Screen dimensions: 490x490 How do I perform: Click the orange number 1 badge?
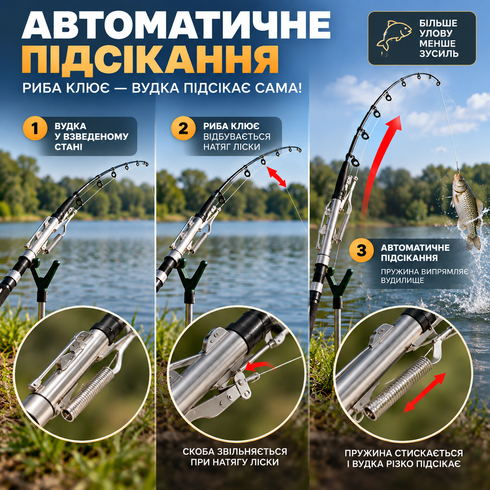click(x=35, y=128)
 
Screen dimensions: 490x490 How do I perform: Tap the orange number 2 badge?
click(x=183, y=128)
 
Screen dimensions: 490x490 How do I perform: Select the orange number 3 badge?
click(x=361, y=250)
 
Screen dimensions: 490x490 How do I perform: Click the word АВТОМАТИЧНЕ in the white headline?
click(x=176, y=25)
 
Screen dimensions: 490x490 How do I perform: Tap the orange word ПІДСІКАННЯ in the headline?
click(x=150, y=59)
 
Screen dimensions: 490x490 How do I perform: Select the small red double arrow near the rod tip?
click(x=276, y=177)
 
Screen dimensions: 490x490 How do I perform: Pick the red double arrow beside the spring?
click(x=425, y=392)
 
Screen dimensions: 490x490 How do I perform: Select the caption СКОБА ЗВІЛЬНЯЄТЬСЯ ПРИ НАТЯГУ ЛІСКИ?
click(x=234, y=457)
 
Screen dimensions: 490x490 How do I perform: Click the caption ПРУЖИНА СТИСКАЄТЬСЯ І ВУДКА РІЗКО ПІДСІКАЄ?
click(x=403, y=458)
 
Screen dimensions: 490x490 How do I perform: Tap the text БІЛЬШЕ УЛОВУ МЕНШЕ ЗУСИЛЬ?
click(x=439, y=38)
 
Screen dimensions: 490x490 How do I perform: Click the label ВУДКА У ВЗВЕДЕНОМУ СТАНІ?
click(x=91, y=136)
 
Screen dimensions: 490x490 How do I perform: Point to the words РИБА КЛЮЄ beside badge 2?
click(x=231, y=126)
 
